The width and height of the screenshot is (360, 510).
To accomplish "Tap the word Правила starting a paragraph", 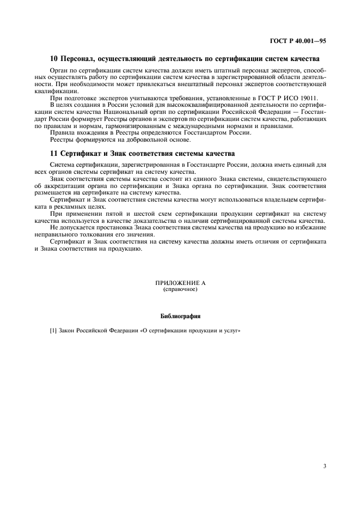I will point(62,133).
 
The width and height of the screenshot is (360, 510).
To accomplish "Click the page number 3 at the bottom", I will point(324,451).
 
